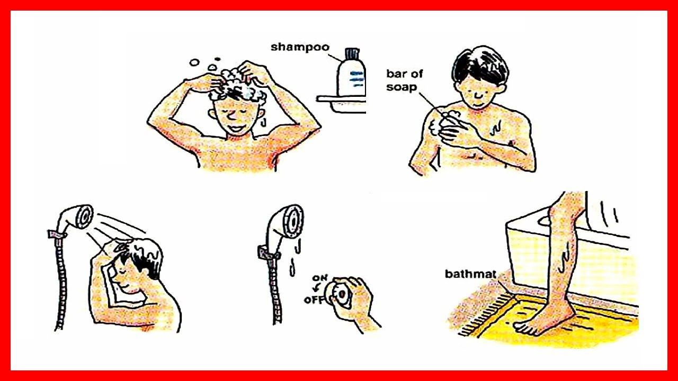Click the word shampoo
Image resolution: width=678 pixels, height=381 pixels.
[x=300, y=48]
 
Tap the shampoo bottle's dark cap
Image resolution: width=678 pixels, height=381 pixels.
[x=352, y=53]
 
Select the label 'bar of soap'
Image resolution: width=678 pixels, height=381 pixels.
[x=404, y=80]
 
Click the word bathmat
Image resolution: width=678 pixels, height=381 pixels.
[x=471, y=274]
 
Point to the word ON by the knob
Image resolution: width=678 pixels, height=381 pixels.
[x=319, y=278]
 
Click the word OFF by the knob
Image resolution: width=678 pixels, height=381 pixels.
[x=314, y=300]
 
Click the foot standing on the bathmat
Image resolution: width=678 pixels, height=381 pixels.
[x=542, y=320]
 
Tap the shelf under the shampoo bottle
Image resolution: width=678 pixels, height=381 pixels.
[x=342, y=104]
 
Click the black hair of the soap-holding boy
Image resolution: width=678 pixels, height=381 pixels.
[x=480, y=66]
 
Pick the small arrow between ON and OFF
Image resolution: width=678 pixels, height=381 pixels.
[x=316, y=288]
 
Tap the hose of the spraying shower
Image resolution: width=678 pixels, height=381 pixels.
[x=61, y=281]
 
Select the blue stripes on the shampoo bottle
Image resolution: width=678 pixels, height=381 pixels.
[x=356, y=79]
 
